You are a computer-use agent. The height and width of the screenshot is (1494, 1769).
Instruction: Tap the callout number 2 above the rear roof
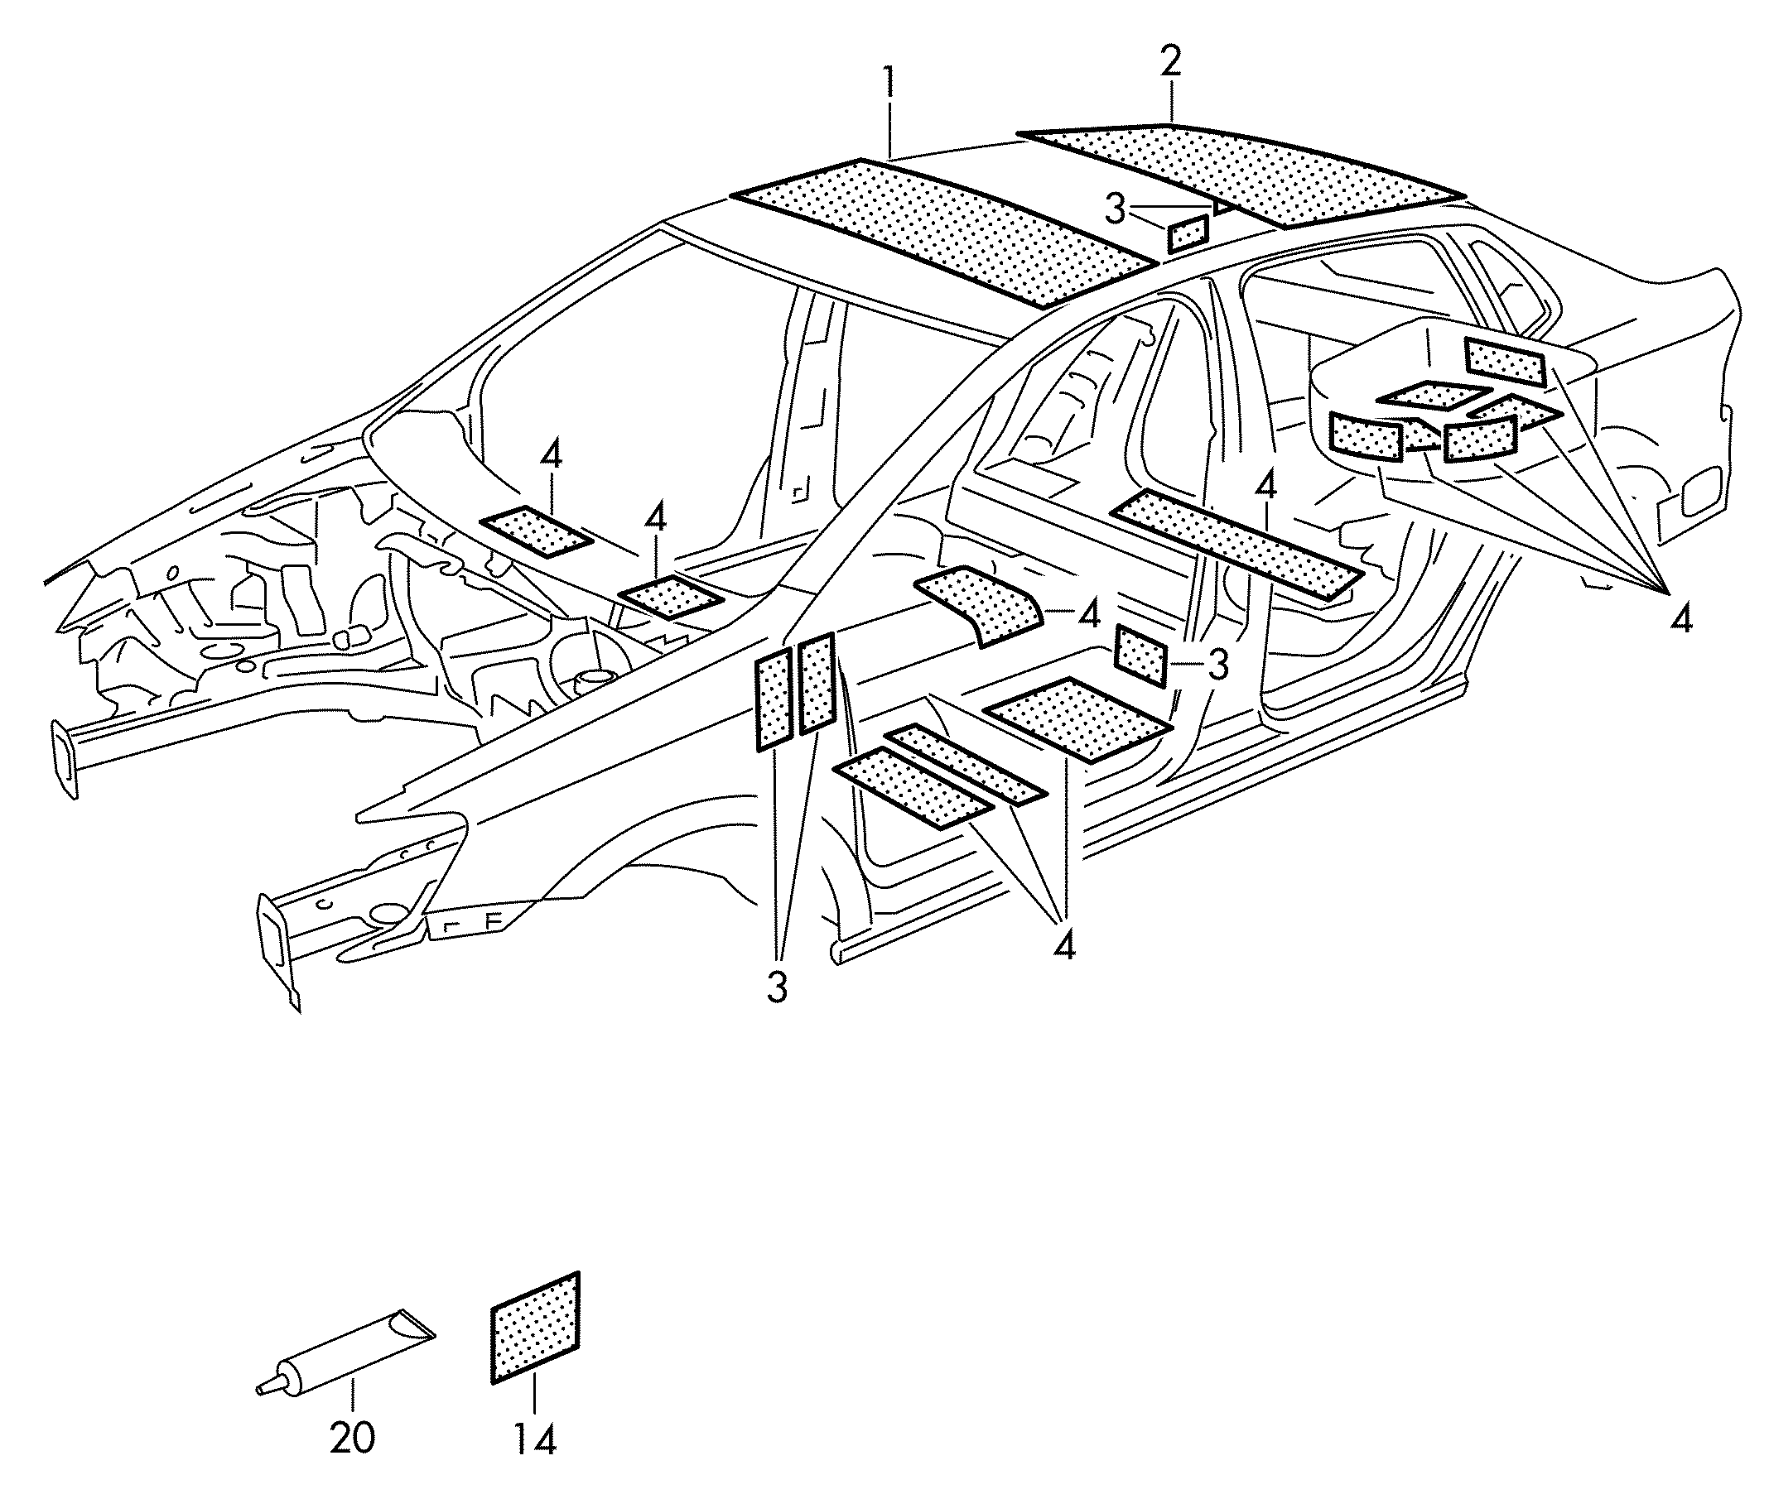pyautogui.click(x=1171, y=62)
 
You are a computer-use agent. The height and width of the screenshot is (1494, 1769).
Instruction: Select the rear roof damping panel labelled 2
pyautogui.click(x=1241, y=175)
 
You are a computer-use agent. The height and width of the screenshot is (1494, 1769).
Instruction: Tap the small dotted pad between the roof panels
pyautogui.click(x=1188, y=233)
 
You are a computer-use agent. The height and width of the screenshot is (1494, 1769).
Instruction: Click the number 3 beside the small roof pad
pyautogui.click(x=1115, y=209)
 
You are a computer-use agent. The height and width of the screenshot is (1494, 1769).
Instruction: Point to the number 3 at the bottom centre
pyautogui.click(x=777, y=987)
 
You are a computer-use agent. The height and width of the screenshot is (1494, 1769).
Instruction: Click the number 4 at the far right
pyautogui.click(x=1682, y=620)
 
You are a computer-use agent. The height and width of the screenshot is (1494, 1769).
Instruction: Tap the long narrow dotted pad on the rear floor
pyautogui.click(x=1236, y=545)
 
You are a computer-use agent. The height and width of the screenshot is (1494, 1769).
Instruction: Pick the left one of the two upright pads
pyautogui.click(x=774, y=699)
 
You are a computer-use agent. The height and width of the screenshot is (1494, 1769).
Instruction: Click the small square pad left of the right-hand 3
pyautogui.click(x=1141, y=655)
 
